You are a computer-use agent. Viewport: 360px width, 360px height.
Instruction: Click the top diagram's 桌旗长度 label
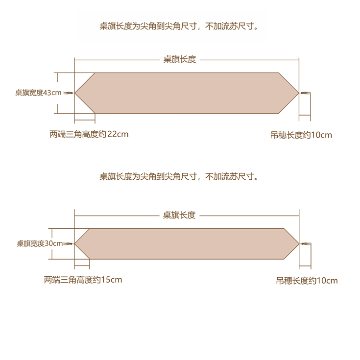click(x=180, y=59)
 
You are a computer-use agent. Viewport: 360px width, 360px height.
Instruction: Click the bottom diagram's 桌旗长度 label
click(x=179, y=215)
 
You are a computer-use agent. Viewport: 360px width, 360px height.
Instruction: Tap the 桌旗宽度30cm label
click(x=40, y=243)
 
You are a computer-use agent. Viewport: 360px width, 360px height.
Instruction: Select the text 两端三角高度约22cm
click(x=89, y=134)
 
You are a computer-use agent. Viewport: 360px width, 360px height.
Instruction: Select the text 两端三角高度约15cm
click(x=83, y=280)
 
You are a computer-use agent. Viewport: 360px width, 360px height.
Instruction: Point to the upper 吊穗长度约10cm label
click(x=301, y=135)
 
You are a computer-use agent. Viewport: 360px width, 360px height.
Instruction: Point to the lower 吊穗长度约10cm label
click(x=307, y=281)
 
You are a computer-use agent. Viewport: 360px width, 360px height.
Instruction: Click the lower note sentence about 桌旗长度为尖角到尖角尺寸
click(x=179, y=176)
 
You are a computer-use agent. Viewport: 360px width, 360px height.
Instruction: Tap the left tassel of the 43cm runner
click(x=69, y=93)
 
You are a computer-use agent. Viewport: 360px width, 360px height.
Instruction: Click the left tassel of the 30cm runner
click(x=69, y=243)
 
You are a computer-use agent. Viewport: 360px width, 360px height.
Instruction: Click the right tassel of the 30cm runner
click(x=305, y=244)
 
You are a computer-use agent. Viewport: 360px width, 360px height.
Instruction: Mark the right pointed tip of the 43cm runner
click(x=298, y=93)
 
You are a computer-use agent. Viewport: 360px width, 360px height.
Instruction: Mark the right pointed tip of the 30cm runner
click(x=298, y=243)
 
